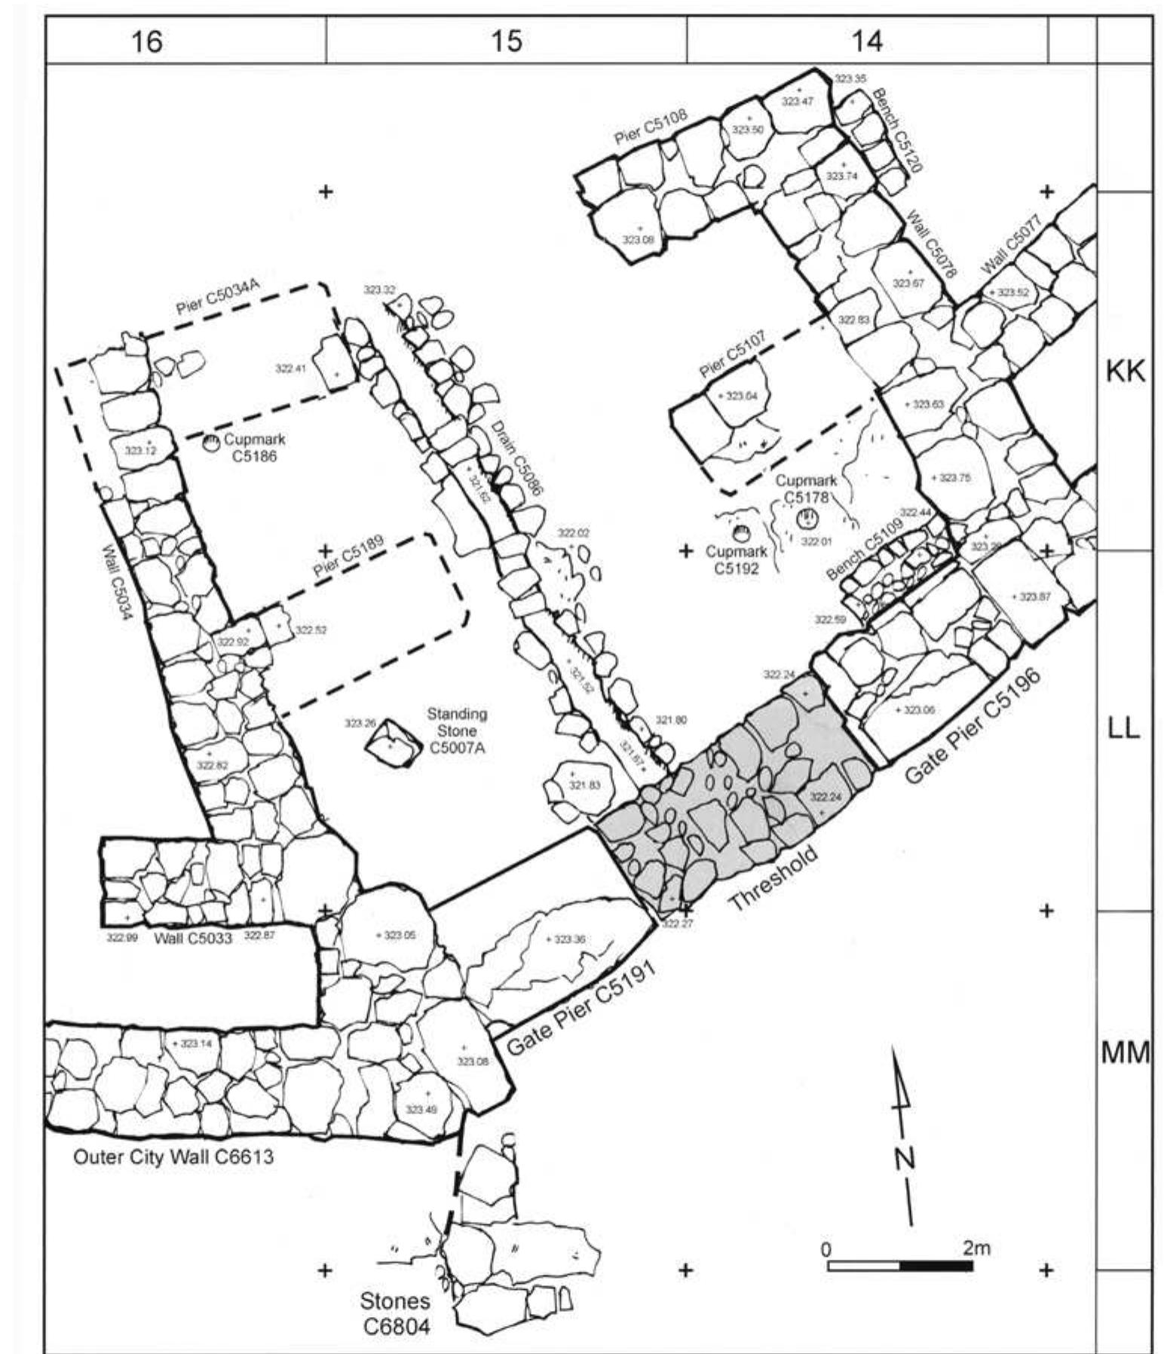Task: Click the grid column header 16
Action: tap(146, 41)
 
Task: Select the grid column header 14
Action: tap(867, 41)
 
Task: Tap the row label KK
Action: tap(1124, 371)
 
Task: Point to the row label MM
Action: tap(1124, 1052)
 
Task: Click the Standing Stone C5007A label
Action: tap(457, 731)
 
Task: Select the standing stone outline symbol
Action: tap(393, 743)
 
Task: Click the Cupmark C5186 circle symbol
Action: tap(212, 444)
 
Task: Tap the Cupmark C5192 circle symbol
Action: tap(742, 534)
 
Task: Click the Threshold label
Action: tap(773, 878)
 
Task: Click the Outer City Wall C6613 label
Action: tap(173, 1156)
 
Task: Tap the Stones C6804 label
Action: tap(396, 1312)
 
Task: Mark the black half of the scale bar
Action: tap(936, 1264)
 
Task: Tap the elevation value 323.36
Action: tap(570, 939)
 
